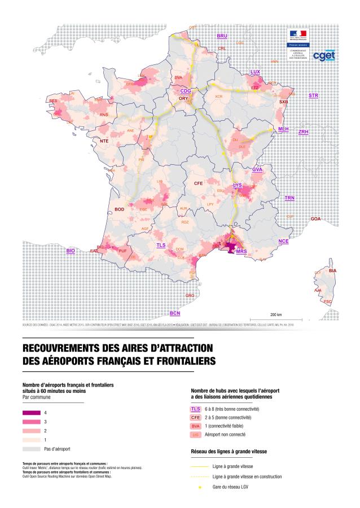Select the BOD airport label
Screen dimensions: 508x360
pos(119,209)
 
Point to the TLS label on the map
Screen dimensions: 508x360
pos(161,246)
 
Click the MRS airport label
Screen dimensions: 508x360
pos(242,251)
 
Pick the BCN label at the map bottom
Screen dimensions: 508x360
pos(175,313)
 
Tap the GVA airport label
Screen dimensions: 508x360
pos(258,169)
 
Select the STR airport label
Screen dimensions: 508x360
pos(313,96)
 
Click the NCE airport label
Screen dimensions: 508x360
pos(283,241)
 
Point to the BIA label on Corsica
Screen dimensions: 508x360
pos(332,271)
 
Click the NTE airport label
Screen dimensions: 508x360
pos(104,141)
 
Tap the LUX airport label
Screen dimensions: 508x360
pos(255,72)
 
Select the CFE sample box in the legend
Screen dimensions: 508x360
pos(196,418)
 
